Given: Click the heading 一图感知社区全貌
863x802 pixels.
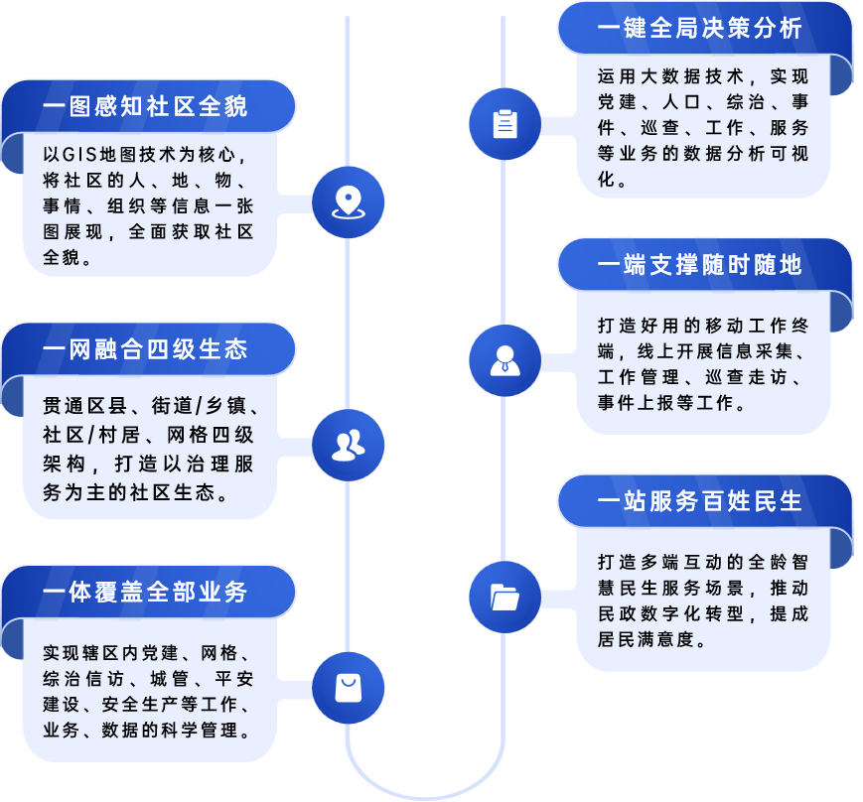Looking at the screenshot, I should click(145, 106).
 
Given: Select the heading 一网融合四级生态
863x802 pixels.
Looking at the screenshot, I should click(145, 349).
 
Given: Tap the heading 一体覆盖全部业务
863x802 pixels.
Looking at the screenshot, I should click(145, 593).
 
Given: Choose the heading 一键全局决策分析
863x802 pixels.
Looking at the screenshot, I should click(700, 28).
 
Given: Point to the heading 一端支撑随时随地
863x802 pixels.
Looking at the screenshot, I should click(700, 264).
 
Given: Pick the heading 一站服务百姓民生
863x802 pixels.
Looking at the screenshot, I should click(700, 501).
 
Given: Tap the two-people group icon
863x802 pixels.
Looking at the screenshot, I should click(348, 446).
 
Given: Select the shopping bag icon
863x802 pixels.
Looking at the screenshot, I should click(348, 688).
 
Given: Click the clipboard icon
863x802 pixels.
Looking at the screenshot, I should click(504, 124).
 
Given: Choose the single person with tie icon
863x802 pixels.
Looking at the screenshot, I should click(504, 360).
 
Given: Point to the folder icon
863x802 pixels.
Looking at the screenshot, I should click(504, 598).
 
